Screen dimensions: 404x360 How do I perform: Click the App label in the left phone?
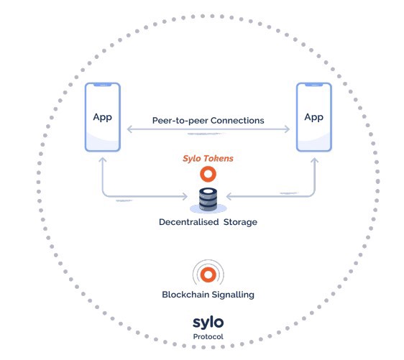pyautogui.click(x=103, y=117)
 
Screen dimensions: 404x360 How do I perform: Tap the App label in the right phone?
pyautogui.click(x=314, y=117)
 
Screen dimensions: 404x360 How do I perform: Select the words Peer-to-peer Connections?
pyautogui.click(x=208, y=121)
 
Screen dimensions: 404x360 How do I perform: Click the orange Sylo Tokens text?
pyautogui.click(x=208, y=158)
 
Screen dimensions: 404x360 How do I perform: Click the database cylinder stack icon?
pyautogui.click(x=208, y=200)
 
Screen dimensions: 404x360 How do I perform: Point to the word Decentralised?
pyautogui.click(x=189, y=222)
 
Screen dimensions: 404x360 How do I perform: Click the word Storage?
pyautogui.click(x=240, y=222)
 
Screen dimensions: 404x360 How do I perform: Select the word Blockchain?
pyautogui.click(x=185, y=295)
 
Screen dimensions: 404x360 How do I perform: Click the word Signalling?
pyautogui.click(x=233, y=295)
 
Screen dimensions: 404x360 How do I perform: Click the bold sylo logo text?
pyautogui.click(x=208, y=323)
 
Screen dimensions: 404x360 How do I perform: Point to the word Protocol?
pyautogui.click(x=208, y=336)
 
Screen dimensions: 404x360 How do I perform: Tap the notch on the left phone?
pyautogui.click(x=103, y=85)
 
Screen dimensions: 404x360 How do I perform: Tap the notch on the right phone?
pyautogui.click(x=314, y=85)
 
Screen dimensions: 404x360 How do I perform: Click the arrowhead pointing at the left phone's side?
pyautogui.click(x=129, y=129)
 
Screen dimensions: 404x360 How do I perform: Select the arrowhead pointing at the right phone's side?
pyautogui.click(x=288, y=129)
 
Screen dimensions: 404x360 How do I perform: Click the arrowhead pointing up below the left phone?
pyautogui.click(x=103, y=160)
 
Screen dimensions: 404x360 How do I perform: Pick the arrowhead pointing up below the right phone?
pyautogui.click(x=314, y=160)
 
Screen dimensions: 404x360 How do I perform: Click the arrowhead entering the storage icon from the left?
pyautogui.click(x=185, y=196)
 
